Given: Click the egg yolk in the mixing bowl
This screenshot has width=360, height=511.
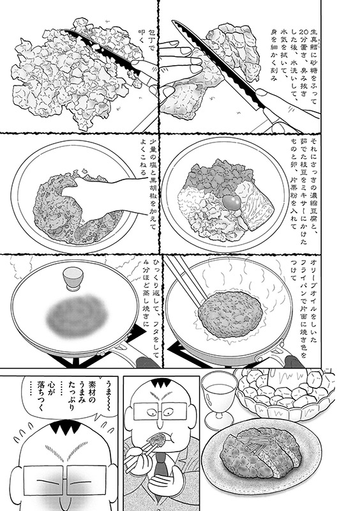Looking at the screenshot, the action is [x=232, y=202].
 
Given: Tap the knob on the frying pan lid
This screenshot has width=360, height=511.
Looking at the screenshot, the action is [x=73, y=278].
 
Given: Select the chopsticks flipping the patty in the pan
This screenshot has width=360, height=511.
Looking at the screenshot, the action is [x=186, y=280].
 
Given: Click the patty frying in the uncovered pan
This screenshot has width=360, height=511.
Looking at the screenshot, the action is [x=230, y=310].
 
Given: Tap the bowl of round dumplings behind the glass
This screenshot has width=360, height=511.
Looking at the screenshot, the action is [x=287, y=391].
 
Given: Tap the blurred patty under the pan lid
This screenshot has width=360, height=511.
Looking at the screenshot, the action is [x=77, y=315].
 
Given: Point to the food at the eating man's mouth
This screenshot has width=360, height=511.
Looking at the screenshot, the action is [x=160, y=437].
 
